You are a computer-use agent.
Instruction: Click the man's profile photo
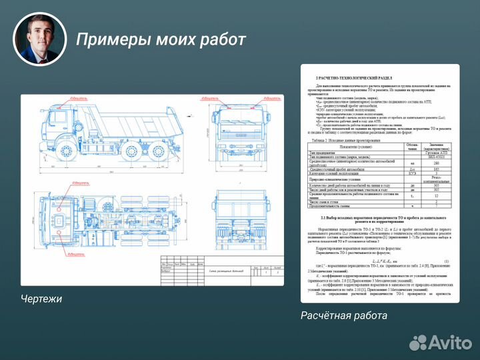click(41, 39)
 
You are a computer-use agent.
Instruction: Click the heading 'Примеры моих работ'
click(161, 40)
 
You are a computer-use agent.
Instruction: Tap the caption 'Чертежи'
click(41, 299)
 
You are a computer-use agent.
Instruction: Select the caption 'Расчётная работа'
click(343, 315)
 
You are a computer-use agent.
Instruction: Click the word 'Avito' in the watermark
click(449, 342)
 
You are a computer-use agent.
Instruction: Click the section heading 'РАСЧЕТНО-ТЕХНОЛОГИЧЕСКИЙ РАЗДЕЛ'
click(353, 78)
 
